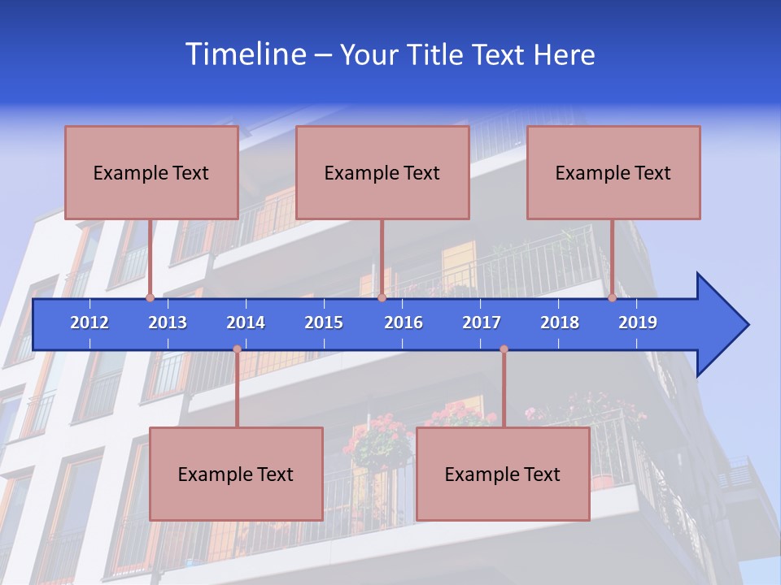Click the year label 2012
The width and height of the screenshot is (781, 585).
tap(89, 323)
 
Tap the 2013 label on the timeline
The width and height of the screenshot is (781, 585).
tap(168, 323)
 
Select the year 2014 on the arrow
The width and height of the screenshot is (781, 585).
tap(246, 323)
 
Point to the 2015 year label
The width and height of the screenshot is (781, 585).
tap(324, 323)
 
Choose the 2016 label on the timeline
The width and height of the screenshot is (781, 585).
tap(404, 323)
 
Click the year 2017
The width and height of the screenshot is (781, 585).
tap(482, 323)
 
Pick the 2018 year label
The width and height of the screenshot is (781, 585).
tap(560, 323)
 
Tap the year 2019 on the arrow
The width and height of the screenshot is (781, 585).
tap(638, 323)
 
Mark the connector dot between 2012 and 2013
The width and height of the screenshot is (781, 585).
tap(151, 298)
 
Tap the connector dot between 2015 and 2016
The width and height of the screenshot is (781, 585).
tap(382, 298)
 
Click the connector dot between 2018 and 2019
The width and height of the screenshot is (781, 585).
tap(613, 298)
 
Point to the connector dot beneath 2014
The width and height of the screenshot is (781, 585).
tap(237, 349)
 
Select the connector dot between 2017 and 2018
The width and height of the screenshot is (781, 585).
tap(504, 349)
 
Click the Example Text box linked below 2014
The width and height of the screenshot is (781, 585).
tap(236, 474)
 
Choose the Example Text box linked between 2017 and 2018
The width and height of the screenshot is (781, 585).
tap(503, 474)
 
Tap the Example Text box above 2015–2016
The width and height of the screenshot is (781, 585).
tap(382, 172)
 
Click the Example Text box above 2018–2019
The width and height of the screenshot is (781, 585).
tap(613, 172)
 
